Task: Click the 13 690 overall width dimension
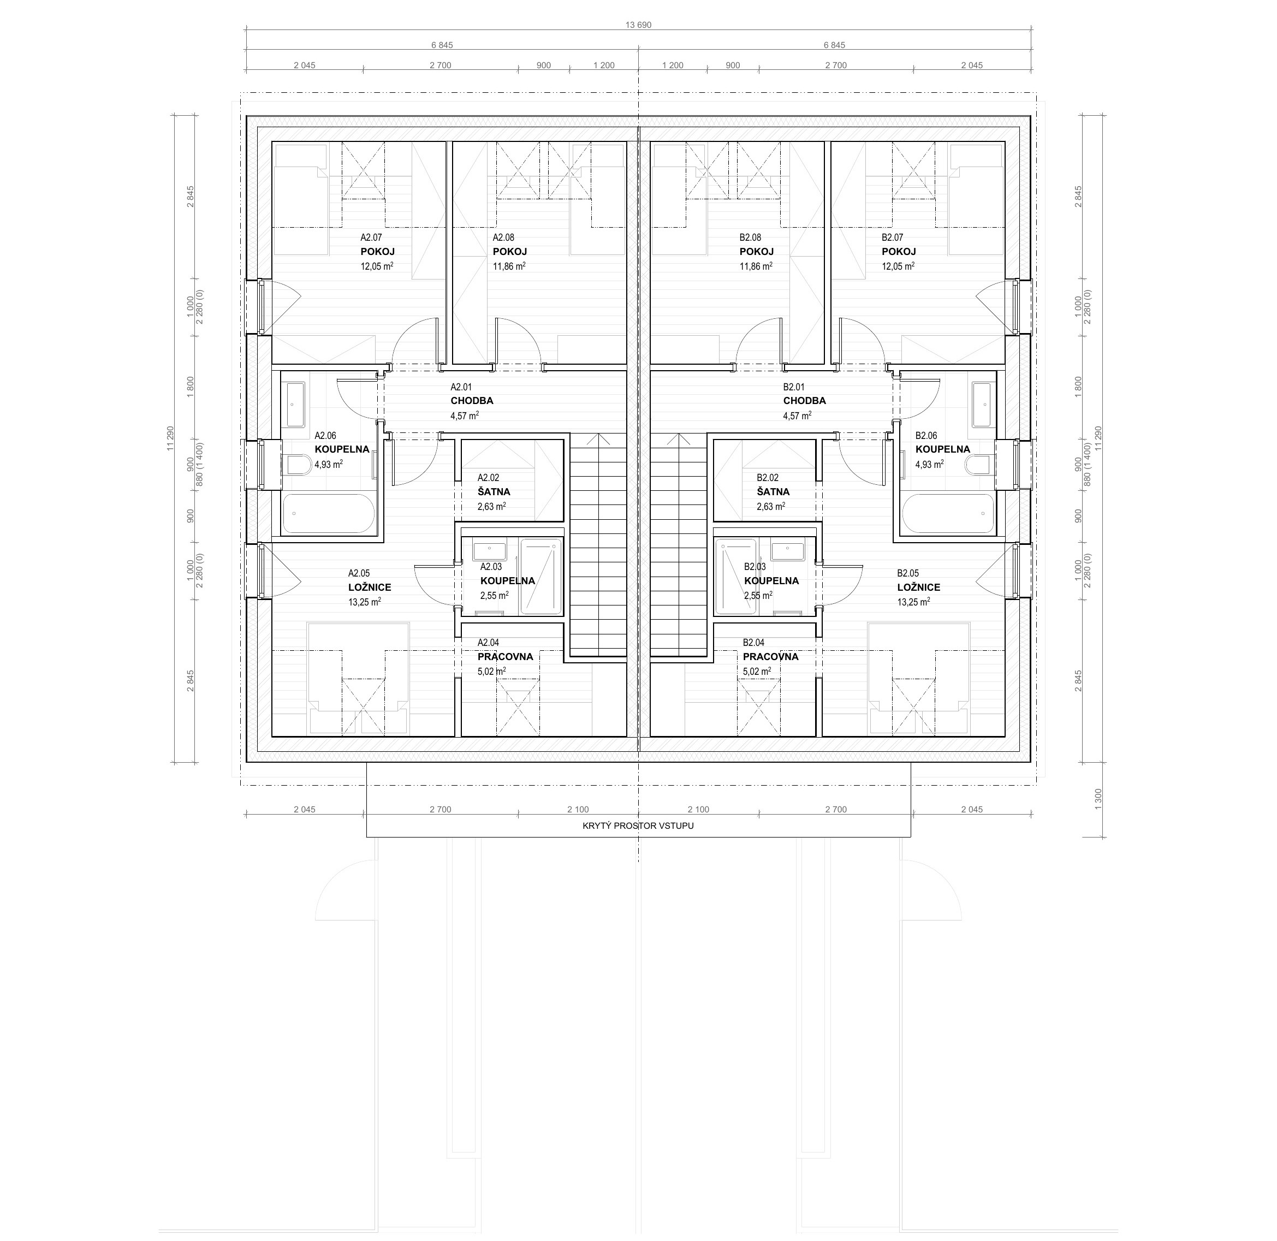click(x=638, y=25)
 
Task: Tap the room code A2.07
click(x=371, y=238)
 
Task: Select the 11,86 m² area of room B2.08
click(x=756, y=266)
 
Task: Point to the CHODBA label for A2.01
click(x=472, y=401)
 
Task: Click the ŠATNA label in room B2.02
click(x=773, y=492)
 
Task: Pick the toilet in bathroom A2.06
click(x=298, y=465)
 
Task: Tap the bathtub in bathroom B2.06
click(x=948, y=514)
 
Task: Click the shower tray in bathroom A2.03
click(x=541, y=576)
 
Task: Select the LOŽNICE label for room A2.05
click(x=370, y=587)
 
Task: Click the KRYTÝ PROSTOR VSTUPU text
click(x=638, y=826)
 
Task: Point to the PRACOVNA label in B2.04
click(x=770, y=657)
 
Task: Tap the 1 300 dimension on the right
click(x=1098, y=799)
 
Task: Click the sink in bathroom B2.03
click(x=787, y=551)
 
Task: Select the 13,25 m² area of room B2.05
click(x=914, y=602)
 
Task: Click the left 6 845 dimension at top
click(x=442, y=45)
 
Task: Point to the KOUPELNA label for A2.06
click(x=342, y=450)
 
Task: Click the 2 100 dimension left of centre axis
click(x=578, y=810)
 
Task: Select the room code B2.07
click(x=893, y=238)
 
